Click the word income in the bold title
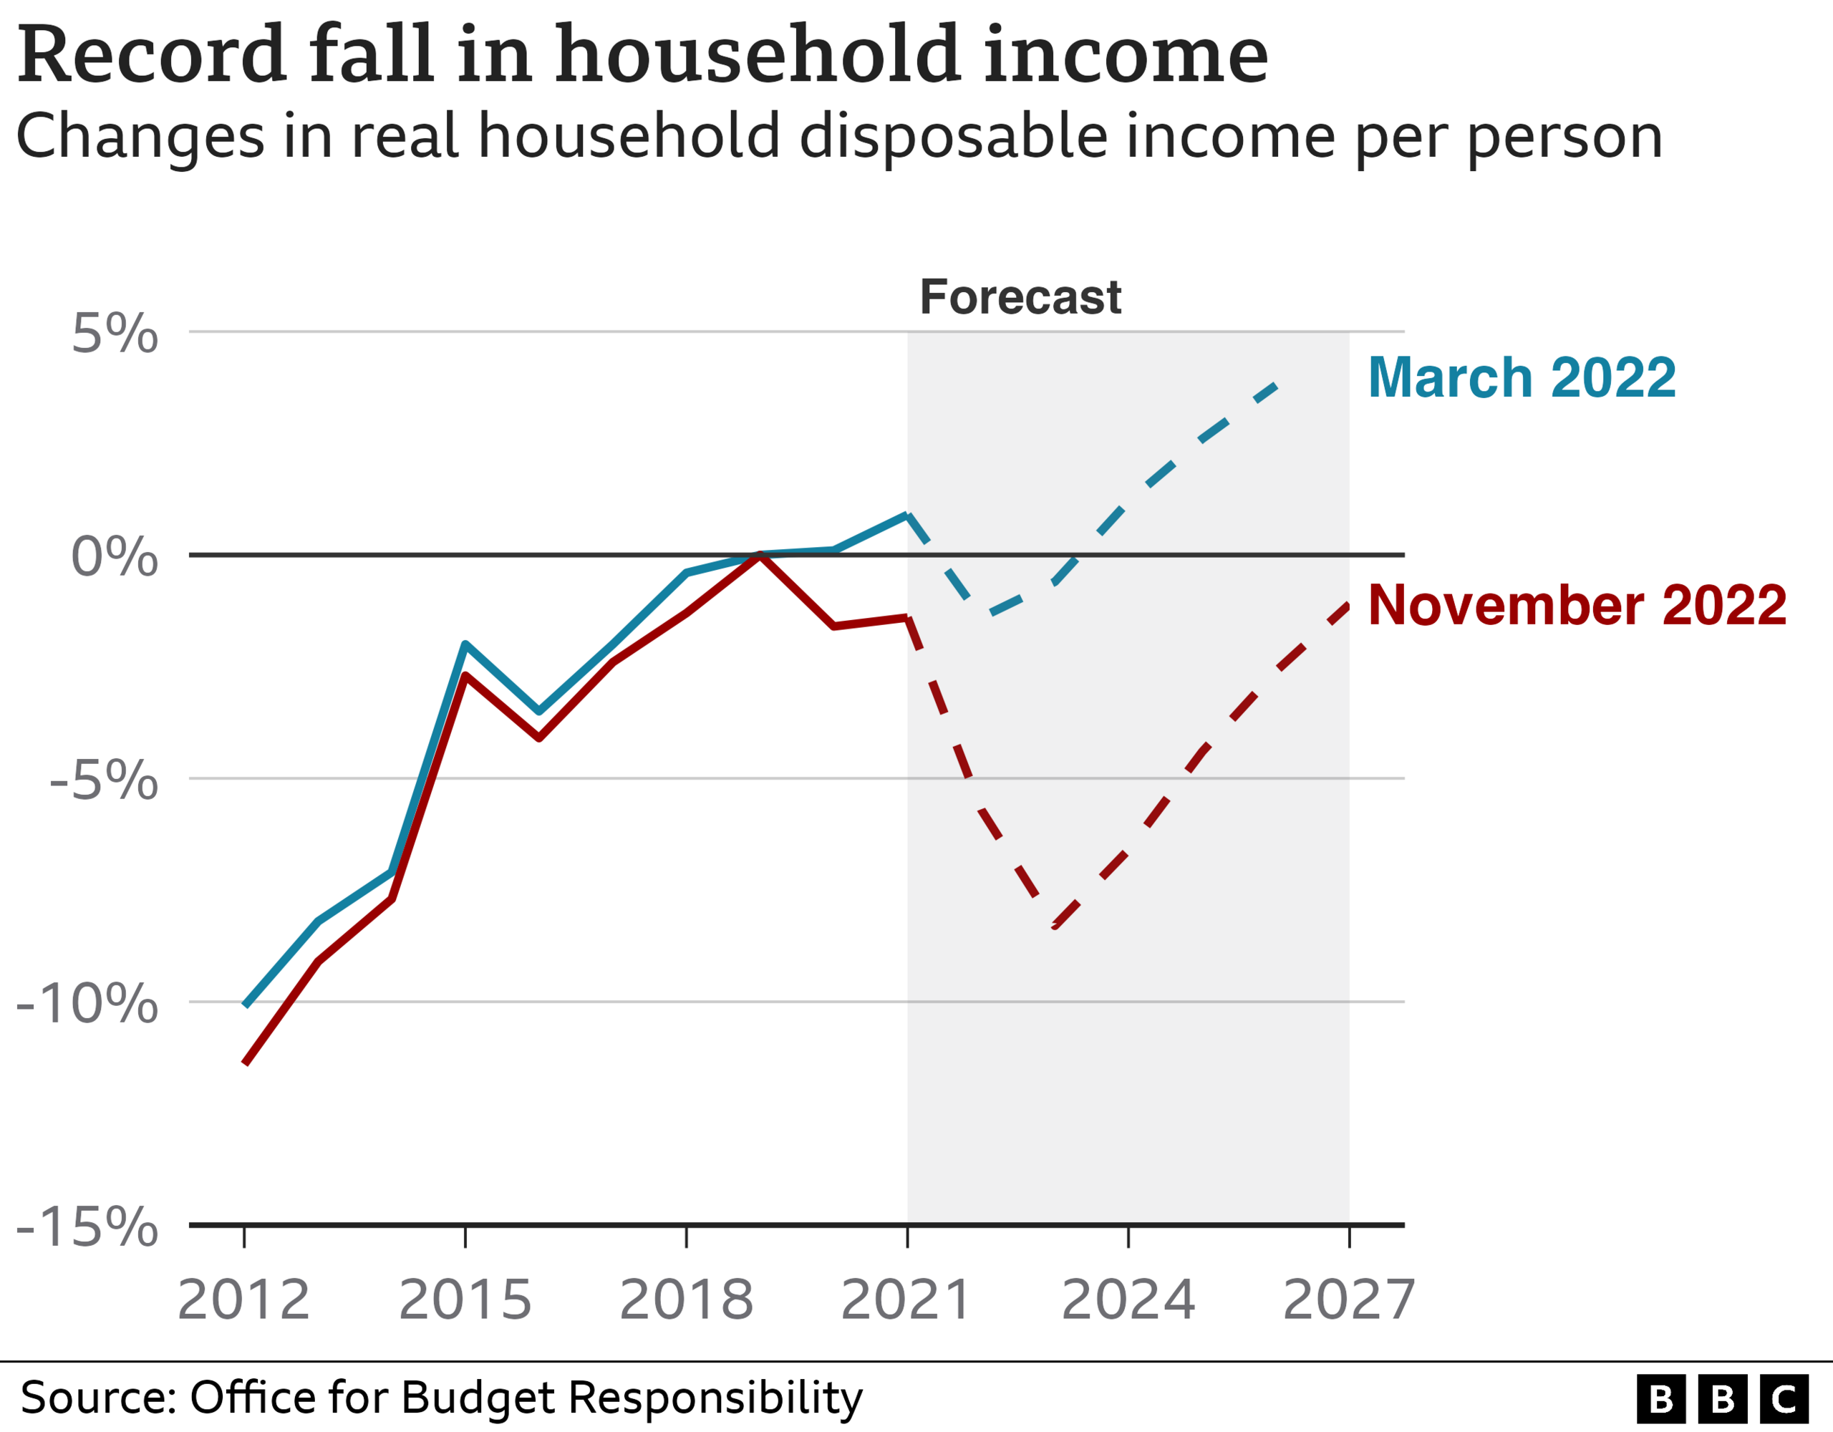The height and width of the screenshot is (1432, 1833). click(1125, 57)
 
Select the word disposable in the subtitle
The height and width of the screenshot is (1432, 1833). click(955, 137)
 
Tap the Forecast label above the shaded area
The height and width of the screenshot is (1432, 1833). click(1020, 297)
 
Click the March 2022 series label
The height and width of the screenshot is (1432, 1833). click(1522, 378)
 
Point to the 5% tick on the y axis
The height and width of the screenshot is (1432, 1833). click(114, 334)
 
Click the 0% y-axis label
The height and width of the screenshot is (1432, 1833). click(114, 556)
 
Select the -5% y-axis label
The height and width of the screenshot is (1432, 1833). click(103, 780)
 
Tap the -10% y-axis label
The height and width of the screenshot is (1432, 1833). click(87, 1004)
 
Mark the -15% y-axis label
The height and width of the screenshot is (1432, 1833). click(87, 1227)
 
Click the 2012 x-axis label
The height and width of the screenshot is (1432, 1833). click(243, 1300)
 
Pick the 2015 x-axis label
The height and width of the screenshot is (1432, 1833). click(465, 1300)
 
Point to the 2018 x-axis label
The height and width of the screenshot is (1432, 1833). click(686, 1300)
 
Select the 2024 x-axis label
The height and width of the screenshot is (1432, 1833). click(1128, 1300)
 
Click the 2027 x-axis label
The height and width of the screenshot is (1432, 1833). click(1349, 1300)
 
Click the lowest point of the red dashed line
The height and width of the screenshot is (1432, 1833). click(1055, 927)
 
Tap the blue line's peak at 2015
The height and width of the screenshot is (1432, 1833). click(465, 644)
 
